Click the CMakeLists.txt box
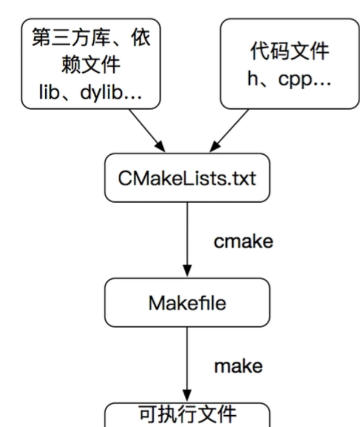click(186, 178)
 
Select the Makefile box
click(187, 303)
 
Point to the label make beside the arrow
click(238, 365)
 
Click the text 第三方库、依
click(90, 40)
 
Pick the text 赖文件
click(90, 66)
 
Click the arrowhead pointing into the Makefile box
click(187, 271)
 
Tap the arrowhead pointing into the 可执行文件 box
click(187, 394)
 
